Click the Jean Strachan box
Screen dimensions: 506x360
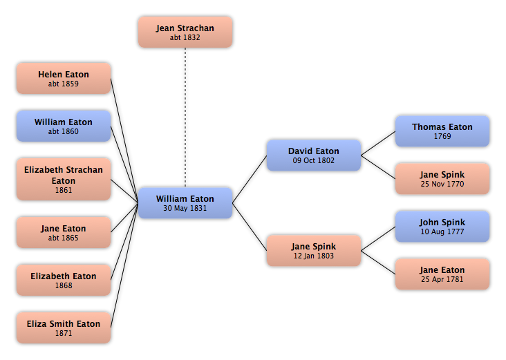pyautogui.click(x=185, y=32)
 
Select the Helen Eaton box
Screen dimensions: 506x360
pyautogui.click(x=64, y=78)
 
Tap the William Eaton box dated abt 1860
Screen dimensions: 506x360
pyautogui.click(x=64, y=126)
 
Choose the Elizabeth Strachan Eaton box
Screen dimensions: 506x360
pyautogui.click(x=64, y=180)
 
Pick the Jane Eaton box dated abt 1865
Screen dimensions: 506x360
pyautogui.click(x=64, y=232)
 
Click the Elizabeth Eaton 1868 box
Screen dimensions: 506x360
pyautogui.click(x=64, y=280)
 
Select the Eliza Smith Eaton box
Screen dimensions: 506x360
pyautogui.click(x=64, y=328)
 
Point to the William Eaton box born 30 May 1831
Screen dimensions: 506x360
pyautogui.click(x=185, y=203)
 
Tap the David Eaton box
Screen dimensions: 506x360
pyautogui.click(x=314, y=155)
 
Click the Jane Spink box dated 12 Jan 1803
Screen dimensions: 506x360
pyautogui.click(x=314, y=251)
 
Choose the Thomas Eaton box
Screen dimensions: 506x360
pyautogui.click(x=442, y=131)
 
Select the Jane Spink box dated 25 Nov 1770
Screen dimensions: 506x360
pyautogui.click(x=442, y=179)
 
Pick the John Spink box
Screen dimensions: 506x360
pyautogui.click(x=442, y=227)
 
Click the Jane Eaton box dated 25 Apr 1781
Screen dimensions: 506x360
pyautogui.click(x=442, y=274)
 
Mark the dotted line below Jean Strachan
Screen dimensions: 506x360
pyautogui.click(x=185, y=117)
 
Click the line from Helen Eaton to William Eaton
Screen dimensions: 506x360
pyautogui.click(x=124, y=141)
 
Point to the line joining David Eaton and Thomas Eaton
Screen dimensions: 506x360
pyautogui.click(x=378, y=143)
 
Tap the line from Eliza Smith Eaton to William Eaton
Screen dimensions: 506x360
pyautogui.click(x=124, y=265)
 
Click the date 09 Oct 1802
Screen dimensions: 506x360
pyautogui.click(x=314, y=160)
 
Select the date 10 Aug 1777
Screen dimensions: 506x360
pyautogui.click(x=442, y=231)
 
